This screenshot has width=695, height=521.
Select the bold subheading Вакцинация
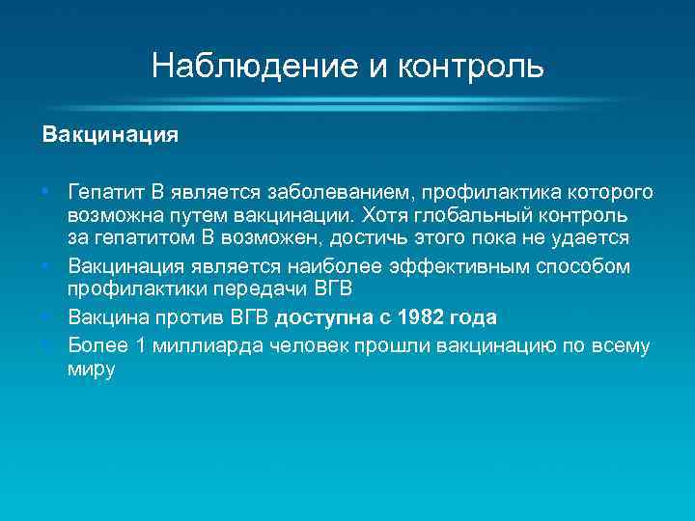(109, 134)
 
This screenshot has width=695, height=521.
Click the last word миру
(91, 370)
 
